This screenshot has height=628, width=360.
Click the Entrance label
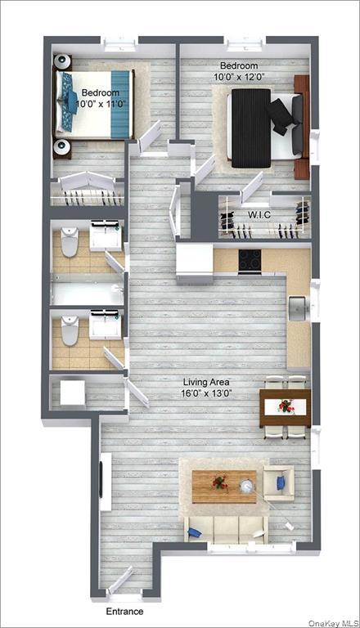coord(124,612)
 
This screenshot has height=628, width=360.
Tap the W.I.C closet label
coord(259,216)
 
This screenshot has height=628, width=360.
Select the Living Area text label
coord(206,382)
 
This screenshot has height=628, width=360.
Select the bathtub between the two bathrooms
coord(87,290)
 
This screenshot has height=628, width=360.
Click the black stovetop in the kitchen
coord(250,261)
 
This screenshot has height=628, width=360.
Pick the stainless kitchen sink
coord(299,308)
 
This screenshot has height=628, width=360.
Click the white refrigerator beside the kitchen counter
coord(195,262)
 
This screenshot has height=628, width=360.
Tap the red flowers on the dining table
coord(285,406)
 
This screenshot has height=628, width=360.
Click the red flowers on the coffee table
coord(218,483)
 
